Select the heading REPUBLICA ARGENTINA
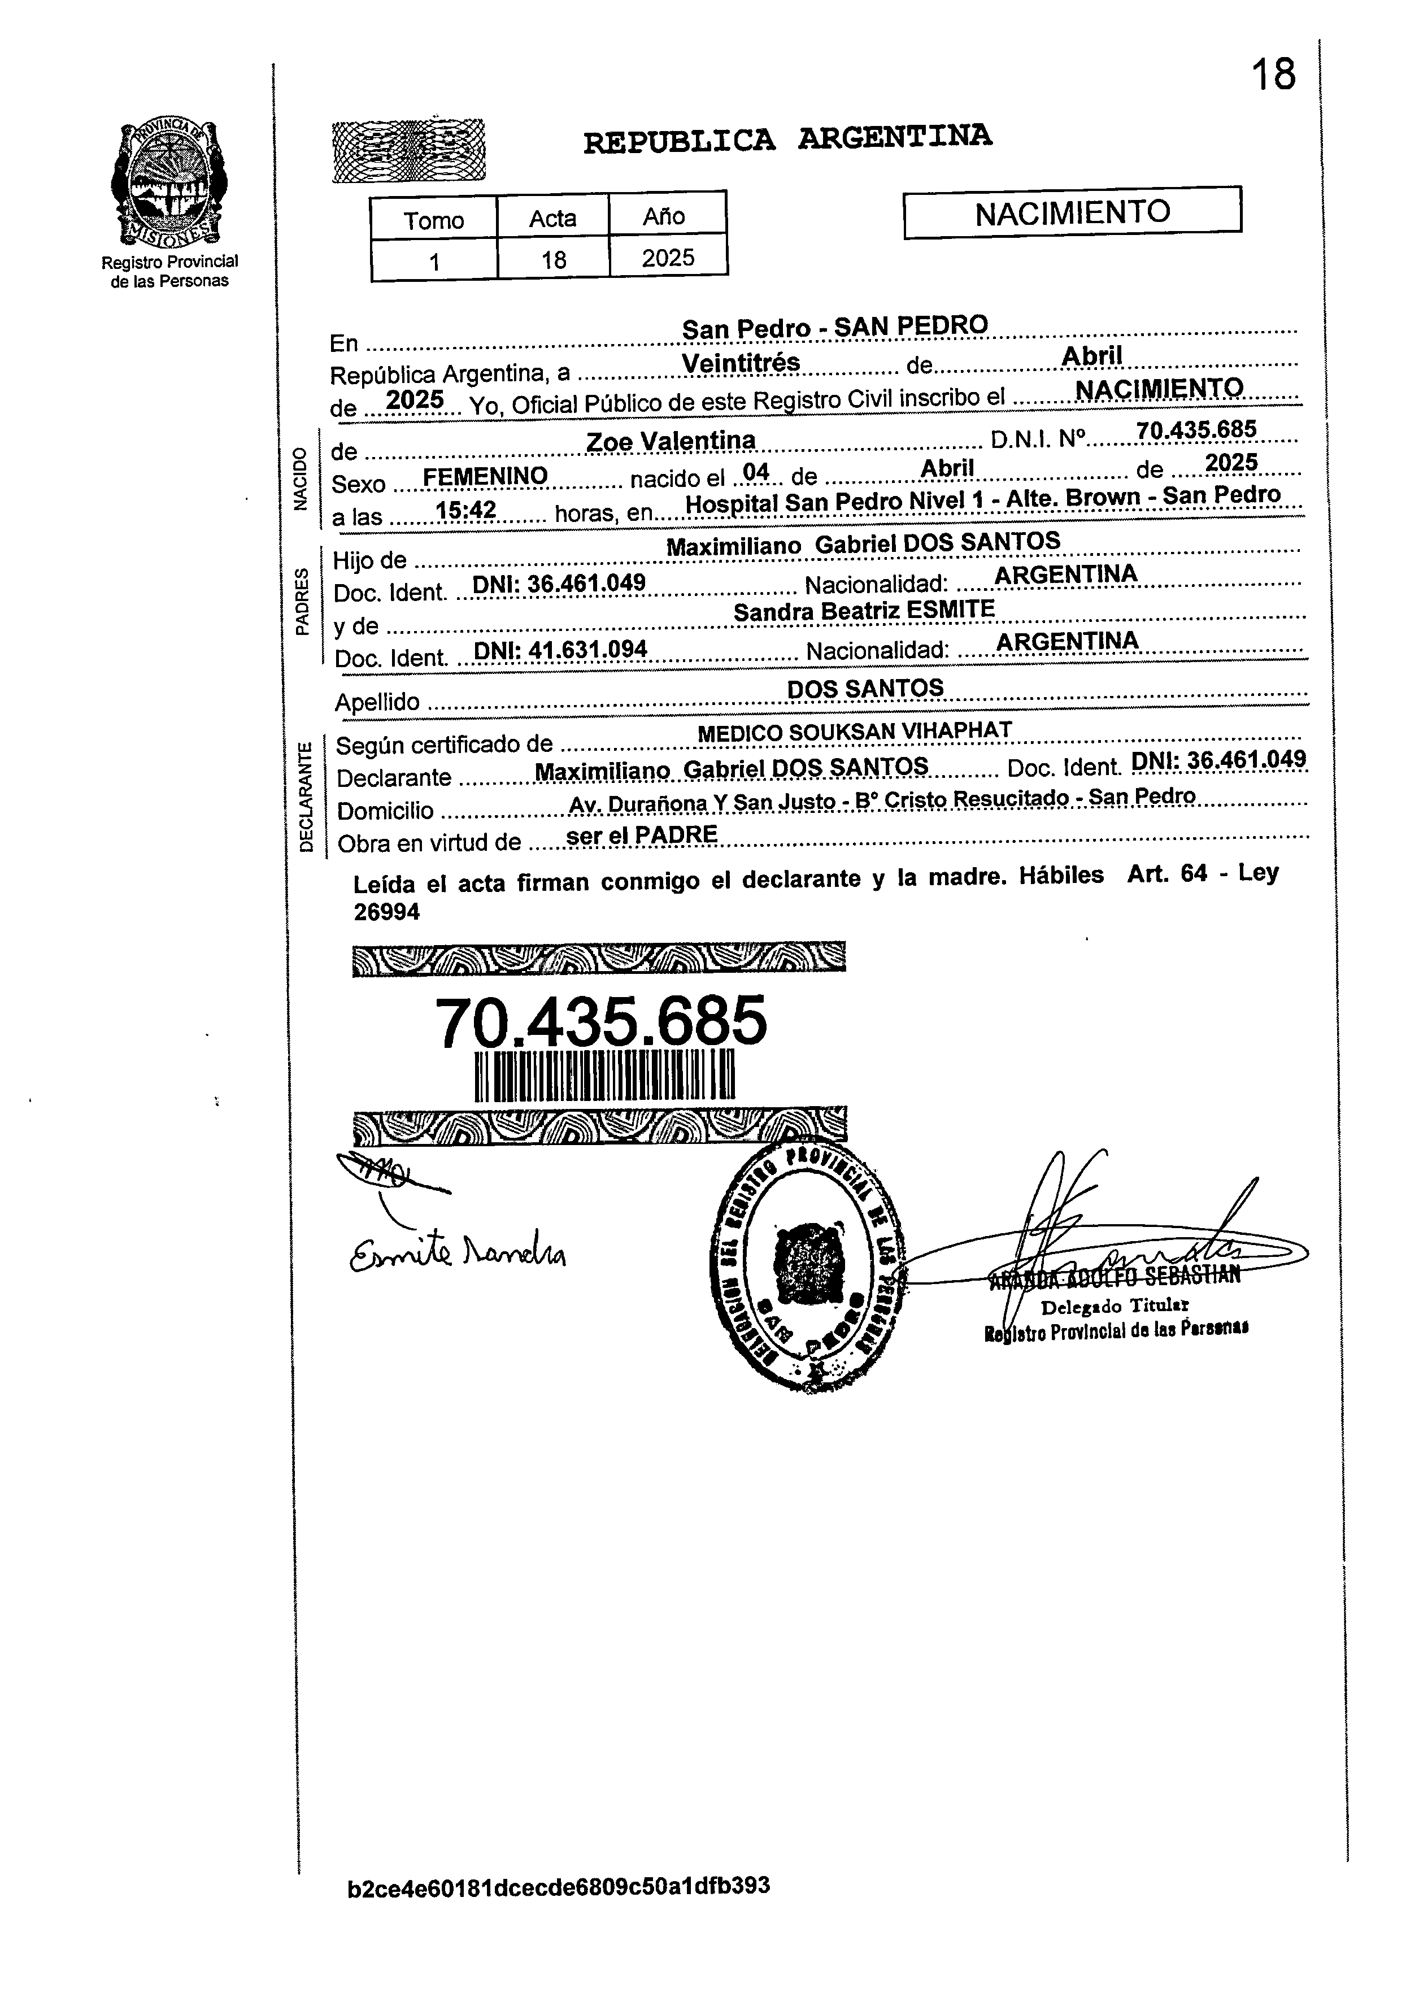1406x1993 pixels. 787,139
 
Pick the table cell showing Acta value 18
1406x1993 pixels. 553,259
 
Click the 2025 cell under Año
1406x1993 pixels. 668,258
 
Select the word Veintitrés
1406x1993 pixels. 741,363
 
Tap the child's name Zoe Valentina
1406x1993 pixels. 671,441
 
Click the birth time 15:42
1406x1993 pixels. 465,511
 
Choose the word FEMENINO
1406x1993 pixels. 485,476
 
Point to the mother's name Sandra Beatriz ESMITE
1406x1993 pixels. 864,610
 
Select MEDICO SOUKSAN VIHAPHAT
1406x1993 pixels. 855,732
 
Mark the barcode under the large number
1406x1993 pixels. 605,1076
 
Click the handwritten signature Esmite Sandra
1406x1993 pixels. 458,1250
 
